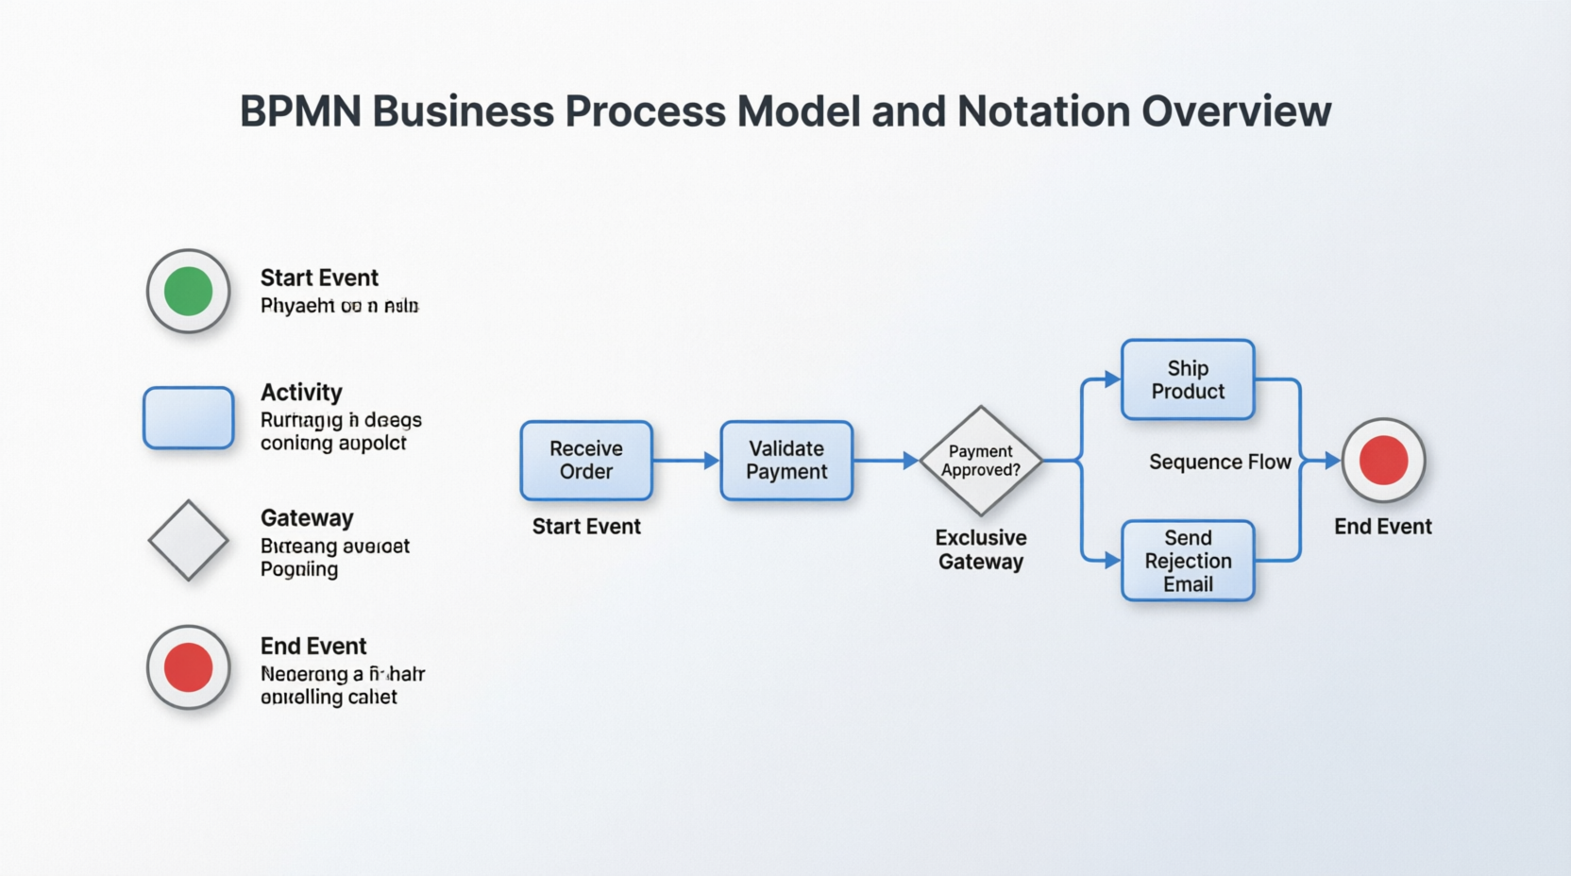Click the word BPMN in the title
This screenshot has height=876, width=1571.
(x=300, y=111)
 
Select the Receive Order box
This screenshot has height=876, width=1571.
(x=586, y=461)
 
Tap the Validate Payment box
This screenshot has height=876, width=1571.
(x=786, y=461)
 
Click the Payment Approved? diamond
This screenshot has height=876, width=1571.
(x=981, y=461)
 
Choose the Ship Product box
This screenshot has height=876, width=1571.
(x=1188, y=379)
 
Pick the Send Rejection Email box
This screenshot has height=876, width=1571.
(x=1188, y=561)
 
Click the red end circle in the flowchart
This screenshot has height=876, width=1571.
(x=1383, y=461)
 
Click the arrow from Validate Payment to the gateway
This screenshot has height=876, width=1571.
(x=886, y=461)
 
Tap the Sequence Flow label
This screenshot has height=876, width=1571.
(x=1220, y=463)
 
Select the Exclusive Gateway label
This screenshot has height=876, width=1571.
(x=981, y=549)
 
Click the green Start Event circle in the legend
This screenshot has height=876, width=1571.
(x=189, y=291)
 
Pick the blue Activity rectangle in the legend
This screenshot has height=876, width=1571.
(x=189, y=417)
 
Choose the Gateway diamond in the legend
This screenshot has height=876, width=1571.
(x=189, y=540)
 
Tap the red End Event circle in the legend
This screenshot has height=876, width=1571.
(x=189, y=667)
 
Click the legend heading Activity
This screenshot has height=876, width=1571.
(x=301, y=393)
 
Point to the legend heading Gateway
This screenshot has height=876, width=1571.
(x=307, y=518)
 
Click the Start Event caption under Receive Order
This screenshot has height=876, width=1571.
(x=586, y=527)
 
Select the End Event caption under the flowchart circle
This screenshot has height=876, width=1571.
(x=1383, y=527)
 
